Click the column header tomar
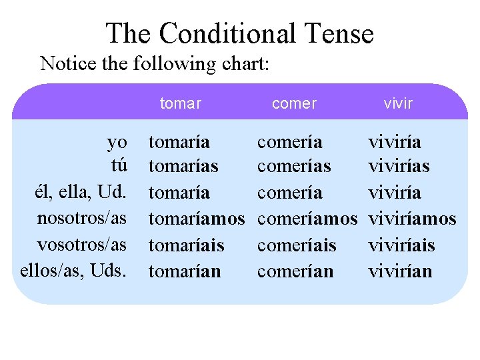click(180, 103)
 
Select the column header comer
click(294, 103)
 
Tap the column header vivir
click(398, 103)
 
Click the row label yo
click(117, 142)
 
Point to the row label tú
click(117, 165)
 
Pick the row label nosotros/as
click(82, 219)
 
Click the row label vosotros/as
click(82, 245)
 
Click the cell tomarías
click(183, 165)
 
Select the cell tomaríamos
click(197, 219)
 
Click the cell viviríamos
click(412, 219)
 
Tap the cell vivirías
click(399, 165)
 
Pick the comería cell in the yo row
click(289, 142)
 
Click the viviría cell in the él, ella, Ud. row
click(395, 193)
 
